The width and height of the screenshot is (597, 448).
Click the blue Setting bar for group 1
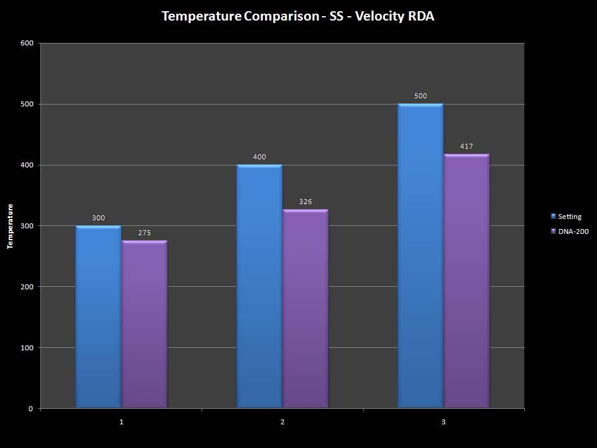(x=98, y=317)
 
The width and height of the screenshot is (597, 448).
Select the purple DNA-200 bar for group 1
(x=144, y=324)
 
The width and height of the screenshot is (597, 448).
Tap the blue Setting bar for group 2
(x=259, y=286)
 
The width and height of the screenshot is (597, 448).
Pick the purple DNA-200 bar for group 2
(x=305, y=309)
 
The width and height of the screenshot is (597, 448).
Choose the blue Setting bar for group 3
(x=420, y=256)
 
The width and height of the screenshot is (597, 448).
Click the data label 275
(x=144, y=233)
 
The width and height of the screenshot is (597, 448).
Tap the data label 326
(x=305, y=202)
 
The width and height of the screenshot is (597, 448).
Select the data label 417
(x=466, y=147)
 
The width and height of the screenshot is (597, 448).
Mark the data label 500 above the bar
(x=420, y=96)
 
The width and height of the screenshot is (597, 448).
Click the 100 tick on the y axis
(x=27, y=348)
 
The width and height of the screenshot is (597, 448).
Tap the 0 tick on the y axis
(x=30, y=409)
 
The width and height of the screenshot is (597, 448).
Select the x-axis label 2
(x=282, y=422)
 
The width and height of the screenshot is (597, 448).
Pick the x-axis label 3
(x=443, y=422)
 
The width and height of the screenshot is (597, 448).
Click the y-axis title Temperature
(x=10, y=226)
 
